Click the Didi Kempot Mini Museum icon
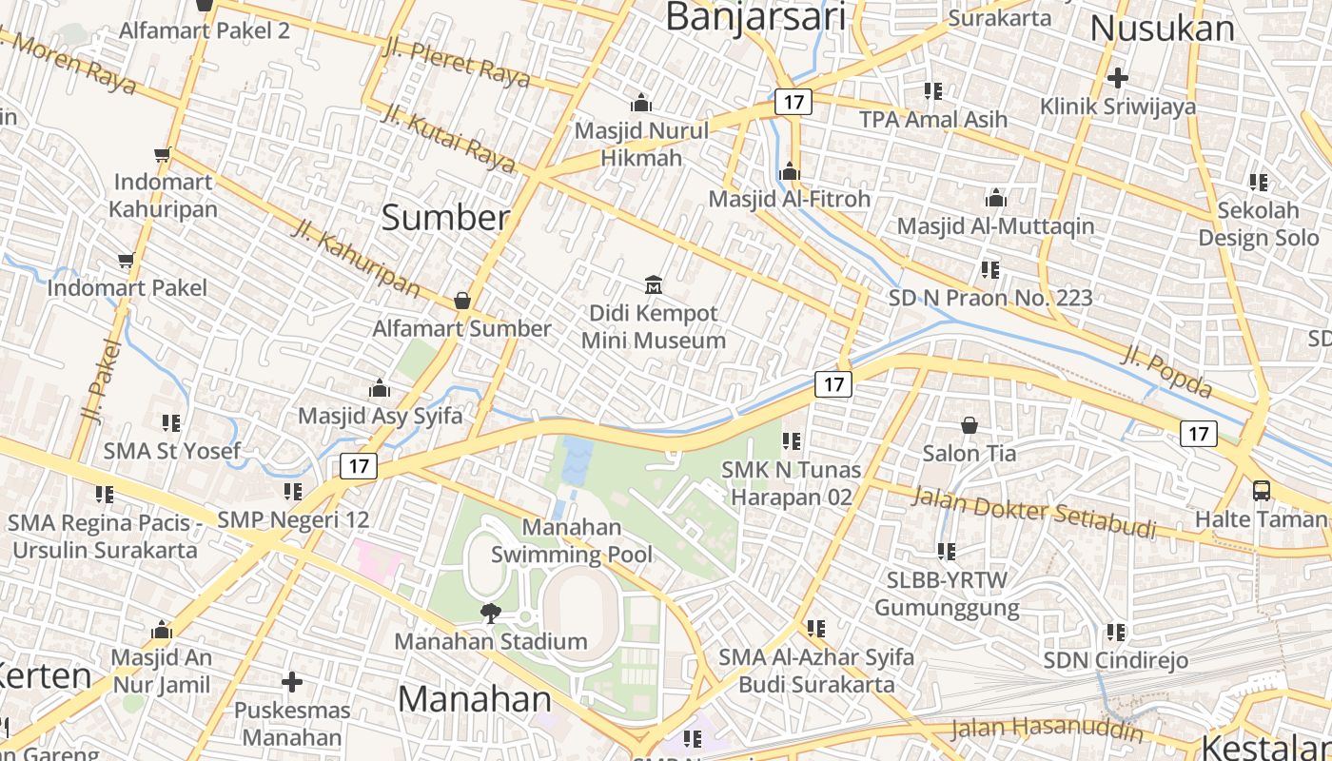(x=654, y=284)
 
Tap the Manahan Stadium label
(x=491, y=641)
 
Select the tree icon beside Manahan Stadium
(x=490, y=614)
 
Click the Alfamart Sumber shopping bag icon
(x=462, y=301)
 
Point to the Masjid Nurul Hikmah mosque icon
(x=641, y=103)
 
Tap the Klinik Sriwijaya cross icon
(x=1118, y=77)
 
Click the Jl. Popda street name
(x=1167, y=371)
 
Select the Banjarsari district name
(x=755, y=17)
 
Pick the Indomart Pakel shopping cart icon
(x=126, y=260)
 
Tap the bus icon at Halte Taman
(x=1262, y=491)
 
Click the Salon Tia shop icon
(x=970, y=425)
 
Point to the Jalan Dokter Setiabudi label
(x=1034, y=512)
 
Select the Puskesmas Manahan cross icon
(x=292, y=682)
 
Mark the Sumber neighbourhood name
(x=445, y=218)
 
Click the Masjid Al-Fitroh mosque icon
(x=789, y=172)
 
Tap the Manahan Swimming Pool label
(x=572, y=540)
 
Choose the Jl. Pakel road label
(x=99, y=380)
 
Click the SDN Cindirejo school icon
(x=1116, y=632)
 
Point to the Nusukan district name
(x=1162, y=29)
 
